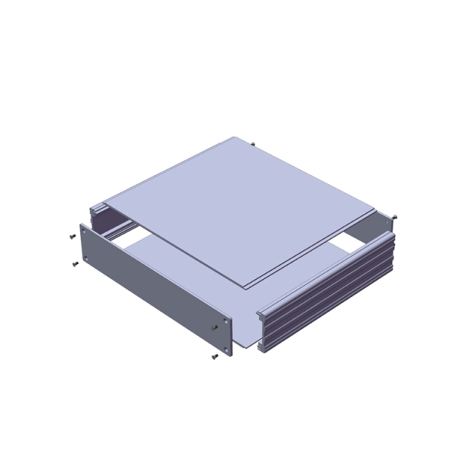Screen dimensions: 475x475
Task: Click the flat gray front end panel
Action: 152,289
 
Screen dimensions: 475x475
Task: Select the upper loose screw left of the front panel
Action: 71,236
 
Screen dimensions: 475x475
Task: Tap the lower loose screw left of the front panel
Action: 74,264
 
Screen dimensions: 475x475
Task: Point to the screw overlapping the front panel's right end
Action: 216,327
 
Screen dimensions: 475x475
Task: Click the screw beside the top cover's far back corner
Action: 254,143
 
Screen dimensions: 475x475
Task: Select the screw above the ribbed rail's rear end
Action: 393,216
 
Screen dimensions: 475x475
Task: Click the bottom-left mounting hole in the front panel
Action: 87,258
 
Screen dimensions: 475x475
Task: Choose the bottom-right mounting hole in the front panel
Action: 223,344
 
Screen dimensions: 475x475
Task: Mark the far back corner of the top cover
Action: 236,137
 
